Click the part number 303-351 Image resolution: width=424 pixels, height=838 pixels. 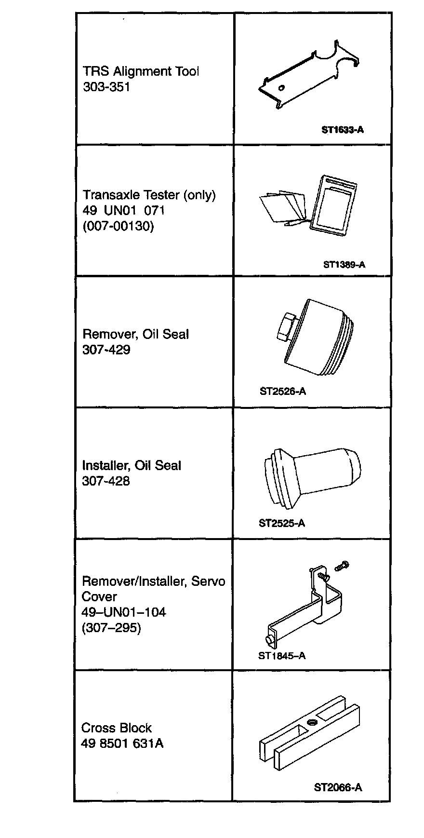tap(106, 87)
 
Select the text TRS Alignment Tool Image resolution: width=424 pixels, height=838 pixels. tap(141, 72)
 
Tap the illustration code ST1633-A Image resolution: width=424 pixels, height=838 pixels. tap(343, 130)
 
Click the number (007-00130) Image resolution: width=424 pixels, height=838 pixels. tap(118, 226)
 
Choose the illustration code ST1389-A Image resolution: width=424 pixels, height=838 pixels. tap(344, 264)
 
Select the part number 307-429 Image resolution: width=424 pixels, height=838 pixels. tap(106, 350)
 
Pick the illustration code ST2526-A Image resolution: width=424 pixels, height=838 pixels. tap(283, 392)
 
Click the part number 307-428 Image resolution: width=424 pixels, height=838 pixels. tap(106, 481)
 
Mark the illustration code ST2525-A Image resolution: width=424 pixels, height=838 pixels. tap(282, 523)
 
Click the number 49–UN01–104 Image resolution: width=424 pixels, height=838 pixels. tap(124, 612)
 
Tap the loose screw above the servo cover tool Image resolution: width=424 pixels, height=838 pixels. tap(342, 566)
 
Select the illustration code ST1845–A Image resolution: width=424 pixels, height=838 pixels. tap(282, 656)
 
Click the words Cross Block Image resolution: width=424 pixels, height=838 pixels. tap(117, 728)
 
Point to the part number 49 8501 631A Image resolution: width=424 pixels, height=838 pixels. tap(122, 743)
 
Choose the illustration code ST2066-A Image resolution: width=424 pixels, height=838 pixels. tap(338, 787)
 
